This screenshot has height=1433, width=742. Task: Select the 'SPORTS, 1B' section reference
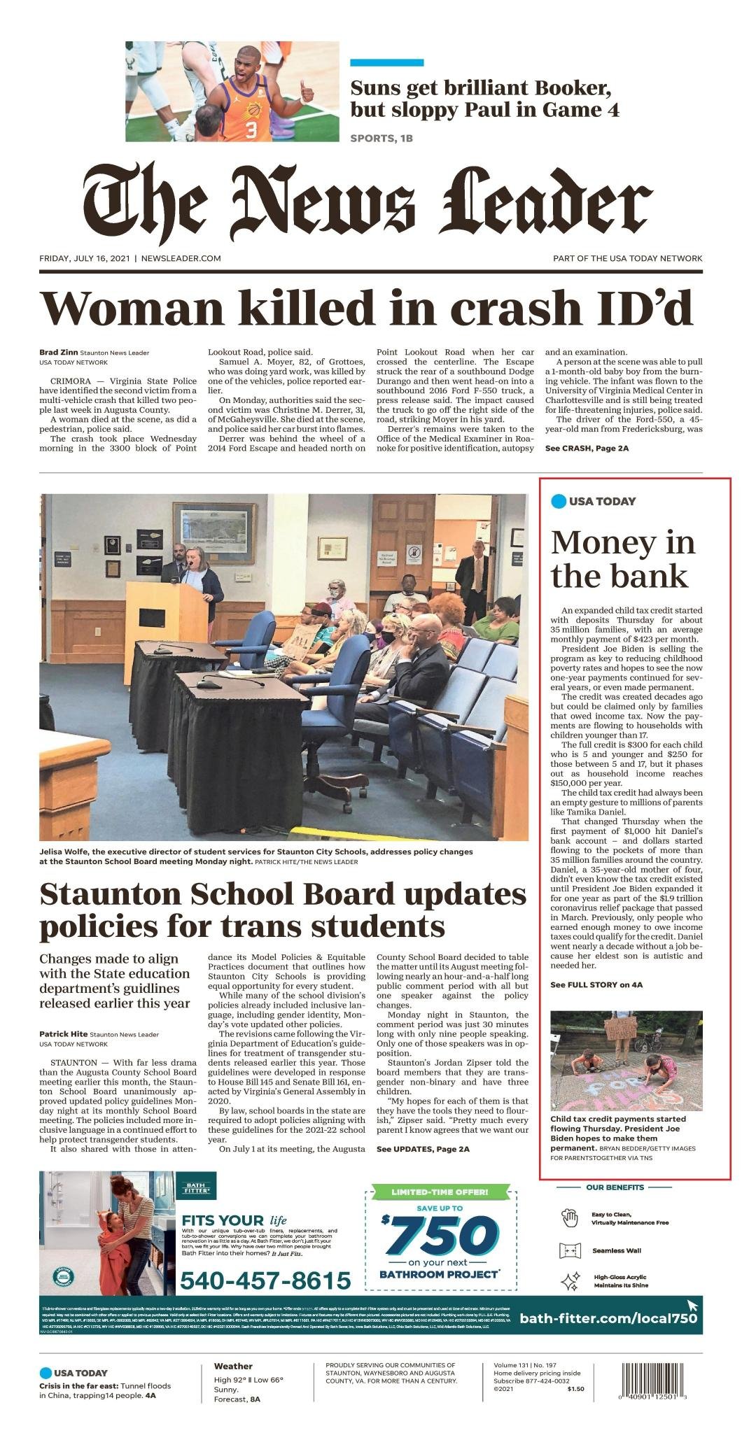(381, 139)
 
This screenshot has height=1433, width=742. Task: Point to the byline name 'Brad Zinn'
(58, 353)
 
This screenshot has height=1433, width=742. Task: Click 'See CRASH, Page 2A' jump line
(587, 448)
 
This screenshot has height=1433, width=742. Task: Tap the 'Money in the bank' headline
(622, 559)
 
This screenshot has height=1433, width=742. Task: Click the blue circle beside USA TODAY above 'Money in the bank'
(559, 501)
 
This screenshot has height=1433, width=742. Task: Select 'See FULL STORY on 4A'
(596, 984)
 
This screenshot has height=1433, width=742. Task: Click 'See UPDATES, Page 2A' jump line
(423, 1149)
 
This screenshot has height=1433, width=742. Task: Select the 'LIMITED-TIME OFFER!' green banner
(440, 1191)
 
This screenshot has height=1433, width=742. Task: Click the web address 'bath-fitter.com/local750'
(608, 1318)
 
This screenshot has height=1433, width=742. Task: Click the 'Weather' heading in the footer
(233, 1366)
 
